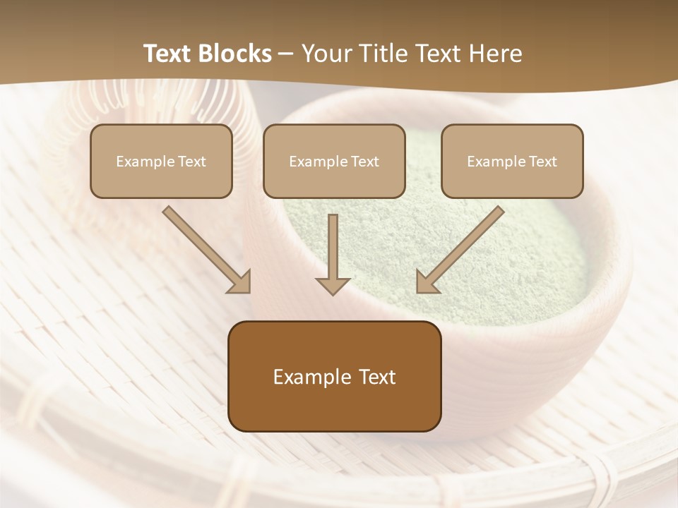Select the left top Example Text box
coord(161,161)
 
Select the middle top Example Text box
coord(334,161)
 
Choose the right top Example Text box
coord(512,161)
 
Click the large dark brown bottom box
coord(334,376)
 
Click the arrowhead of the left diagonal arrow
coord(240,282)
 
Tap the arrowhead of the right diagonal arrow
coord(427,282)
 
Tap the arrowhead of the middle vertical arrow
coord(333,284)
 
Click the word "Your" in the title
coord(325,54)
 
